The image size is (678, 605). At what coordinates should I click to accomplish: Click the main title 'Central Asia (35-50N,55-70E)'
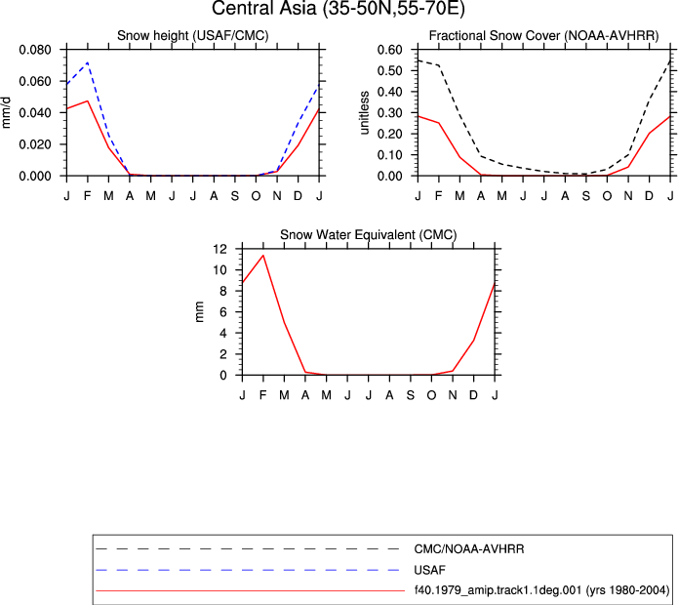[339, 8]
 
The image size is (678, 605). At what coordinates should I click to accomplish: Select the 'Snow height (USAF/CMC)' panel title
[193, 35]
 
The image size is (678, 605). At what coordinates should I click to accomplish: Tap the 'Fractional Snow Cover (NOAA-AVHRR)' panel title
[544, 35]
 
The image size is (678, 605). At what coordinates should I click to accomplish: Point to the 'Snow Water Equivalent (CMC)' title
[369, 235]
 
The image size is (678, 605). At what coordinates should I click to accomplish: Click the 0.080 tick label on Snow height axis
[35, 50]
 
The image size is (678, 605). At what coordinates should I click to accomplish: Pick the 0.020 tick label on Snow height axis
[35, 144]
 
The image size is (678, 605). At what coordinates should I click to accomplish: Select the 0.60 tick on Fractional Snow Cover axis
[389, 50]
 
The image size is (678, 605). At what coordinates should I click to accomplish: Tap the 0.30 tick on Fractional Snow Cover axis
[389, 113]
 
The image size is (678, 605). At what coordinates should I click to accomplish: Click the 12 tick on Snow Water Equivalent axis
[220, 249]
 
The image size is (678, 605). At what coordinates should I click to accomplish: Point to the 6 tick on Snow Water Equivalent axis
[223, 312]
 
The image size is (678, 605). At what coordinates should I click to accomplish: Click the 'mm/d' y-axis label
[6, 113]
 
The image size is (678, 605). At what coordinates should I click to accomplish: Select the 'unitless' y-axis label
[364, 113]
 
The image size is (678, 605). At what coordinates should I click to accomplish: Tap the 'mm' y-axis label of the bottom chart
[199, 312]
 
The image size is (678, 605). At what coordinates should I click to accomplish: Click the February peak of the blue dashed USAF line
[88, 62]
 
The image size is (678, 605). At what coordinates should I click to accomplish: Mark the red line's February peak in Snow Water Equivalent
[262, 255]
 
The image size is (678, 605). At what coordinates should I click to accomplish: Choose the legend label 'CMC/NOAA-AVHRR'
[469, 549]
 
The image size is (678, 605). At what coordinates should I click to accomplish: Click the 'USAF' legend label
[429, 570]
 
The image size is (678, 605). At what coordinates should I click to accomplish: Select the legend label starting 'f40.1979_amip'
[541, 590]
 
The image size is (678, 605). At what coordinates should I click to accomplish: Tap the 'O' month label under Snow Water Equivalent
[431, 395]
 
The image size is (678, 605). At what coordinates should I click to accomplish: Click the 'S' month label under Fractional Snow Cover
[586, 196]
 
